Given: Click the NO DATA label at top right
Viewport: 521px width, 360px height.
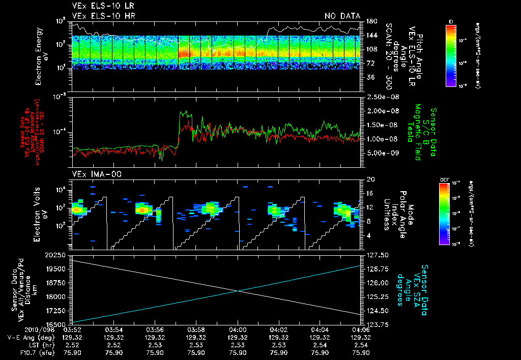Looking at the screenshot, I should coord(342,16).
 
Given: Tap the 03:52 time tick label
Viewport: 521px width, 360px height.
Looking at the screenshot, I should coord(73,329).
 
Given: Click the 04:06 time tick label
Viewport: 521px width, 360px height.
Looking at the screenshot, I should coord(361,329).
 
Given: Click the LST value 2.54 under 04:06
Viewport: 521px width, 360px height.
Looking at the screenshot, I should coord(361,344).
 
